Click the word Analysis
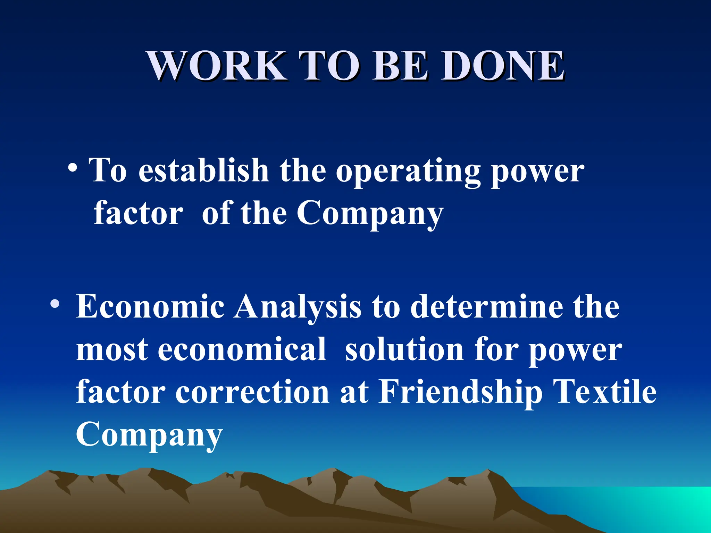298,307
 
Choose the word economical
242,349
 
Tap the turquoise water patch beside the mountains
642,507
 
